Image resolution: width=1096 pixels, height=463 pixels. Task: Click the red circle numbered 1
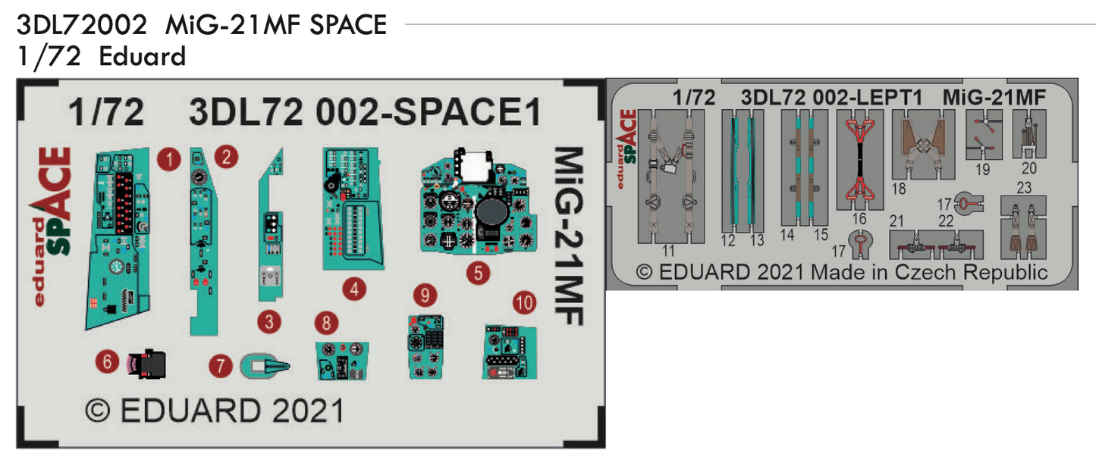(168, 159)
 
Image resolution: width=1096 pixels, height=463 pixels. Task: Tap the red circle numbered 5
(478, 273)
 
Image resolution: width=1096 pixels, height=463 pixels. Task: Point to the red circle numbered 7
(221, 367)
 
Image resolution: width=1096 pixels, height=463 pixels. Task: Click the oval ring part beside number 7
(265, 366)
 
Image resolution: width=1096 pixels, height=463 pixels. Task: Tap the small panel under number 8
(342, 360)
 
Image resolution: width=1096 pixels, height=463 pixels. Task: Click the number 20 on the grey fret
(1028, 168)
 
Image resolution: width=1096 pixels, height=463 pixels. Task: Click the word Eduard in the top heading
(142, 57)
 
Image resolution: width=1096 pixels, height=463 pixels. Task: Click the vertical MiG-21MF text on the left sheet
(570, 235)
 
